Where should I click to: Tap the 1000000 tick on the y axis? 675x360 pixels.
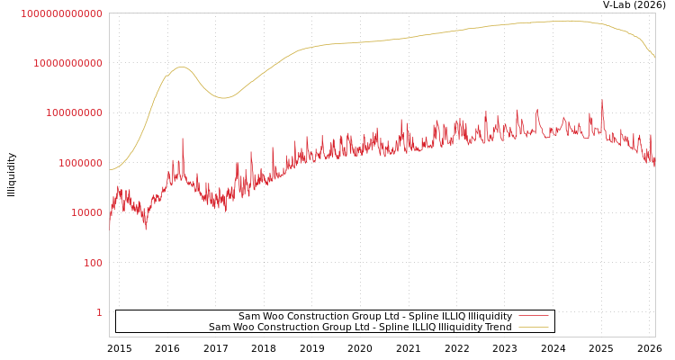pyautogui.click(x=80, y=163)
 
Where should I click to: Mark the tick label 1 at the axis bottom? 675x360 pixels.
pyautogui.click(x=99, y=312)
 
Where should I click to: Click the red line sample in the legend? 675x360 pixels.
pyautogui.click(x=534, y=317)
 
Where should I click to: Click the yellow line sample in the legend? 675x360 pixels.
pyautogui.click(x=534, y=328)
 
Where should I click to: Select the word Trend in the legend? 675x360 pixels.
pyautogui.click(x=497, y=328)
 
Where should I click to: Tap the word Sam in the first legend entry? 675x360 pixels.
pyautogui.click(x=247, y=317)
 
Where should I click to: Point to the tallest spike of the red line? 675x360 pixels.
pyautogui.click(x=602, y=100)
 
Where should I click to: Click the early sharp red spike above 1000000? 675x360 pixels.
pyautogui.click(x=183, y=139)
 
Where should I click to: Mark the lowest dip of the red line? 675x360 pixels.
pyautogui.click(x=146, y=229)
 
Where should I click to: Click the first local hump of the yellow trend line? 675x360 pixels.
pyautogui.click(x=182, y=67)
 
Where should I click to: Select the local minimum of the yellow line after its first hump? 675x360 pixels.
pyautogui.click(x=223, y=98)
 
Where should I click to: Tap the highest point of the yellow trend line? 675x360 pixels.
pyautogui.click(x=569, y=20)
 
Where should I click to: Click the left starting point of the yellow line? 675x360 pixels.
pyautogui.click(x=110, y=170)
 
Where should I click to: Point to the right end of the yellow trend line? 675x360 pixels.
pyautogui.click(x=654, y=58)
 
